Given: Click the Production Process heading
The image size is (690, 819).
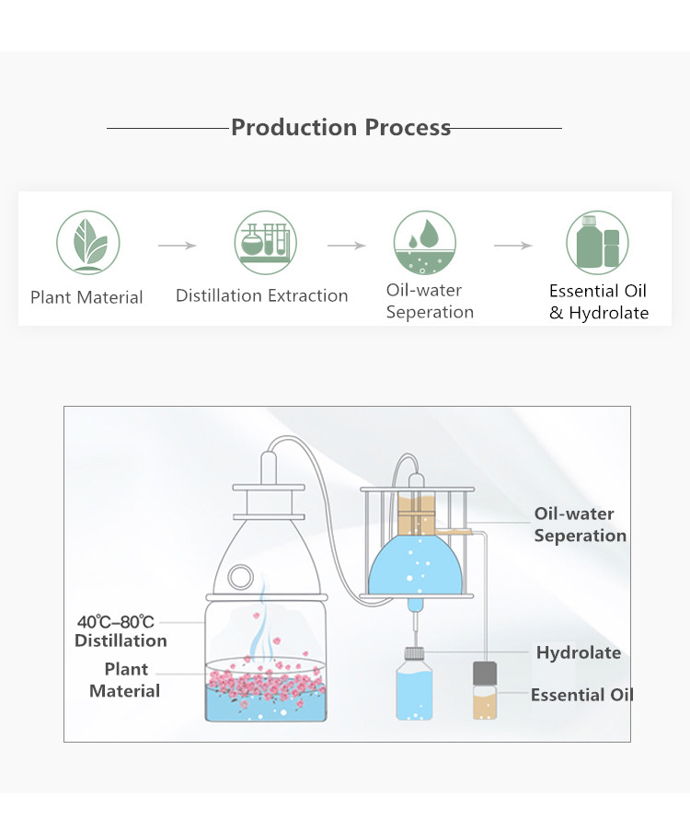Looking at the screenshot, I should [x=340, y=127].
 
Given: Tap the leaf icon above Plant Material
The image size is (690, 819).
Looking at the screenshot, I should [x=87, y=243].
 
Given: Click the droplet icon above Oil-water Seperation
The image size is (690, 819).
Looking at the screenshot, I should [x=424, y=243].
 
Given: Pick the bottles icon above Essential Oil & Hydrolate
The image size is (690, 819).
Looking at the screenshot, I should [x=597, y=242].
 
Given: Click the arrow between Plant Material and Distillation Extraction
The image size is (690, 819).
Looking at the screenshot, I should [x=177, y=246].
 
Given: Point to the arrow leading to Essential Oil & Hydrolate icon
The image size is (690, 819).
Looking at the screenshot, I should [x=512, y=246].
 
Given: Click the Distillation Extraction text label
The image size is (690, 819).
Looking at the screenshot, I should [x=261, y=295].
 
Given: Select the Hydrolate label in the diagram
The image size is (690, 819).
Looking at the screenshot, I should [x=578, y=653].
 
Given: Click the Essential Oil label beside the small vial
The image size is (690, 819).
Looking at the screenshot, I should [x=581, y=695].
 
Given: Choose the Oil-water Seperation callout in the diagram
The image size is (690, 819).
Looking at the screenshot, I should [x=580, y=525].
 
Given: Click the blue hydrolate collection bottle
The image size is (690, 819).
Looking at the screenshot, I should [x=414, y=686].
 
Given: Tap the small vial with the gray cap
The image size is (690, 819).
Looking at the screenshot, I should [x=485, y=691].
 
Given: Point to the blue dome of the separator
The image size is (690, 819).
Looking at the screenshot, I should [x=413, y=566].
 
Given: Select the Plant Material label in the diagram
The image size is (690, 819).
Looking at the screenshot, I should [x=124, y=680].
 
